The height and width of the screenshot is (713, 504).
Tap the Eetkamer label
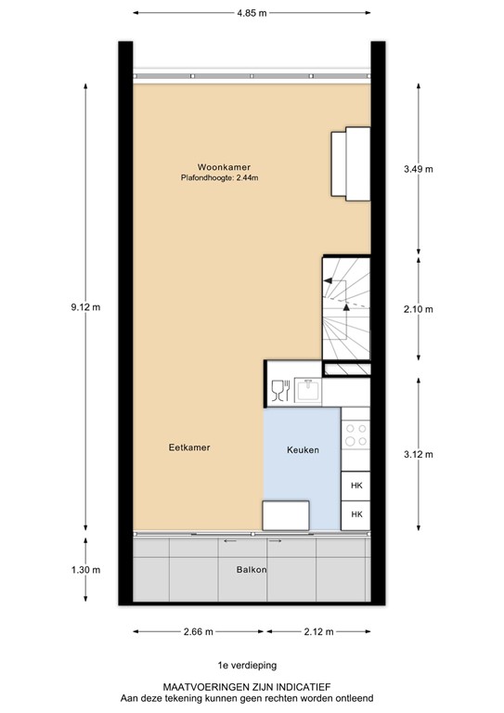click(x=189, y=447)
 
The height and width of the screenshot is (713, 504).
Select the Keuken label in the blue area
click(x=302, y=450)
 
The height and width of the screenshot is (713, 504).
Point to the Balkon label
click(x=243, y=570)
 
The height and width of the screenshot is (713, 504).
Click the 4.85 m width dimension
click(x=251, y=14)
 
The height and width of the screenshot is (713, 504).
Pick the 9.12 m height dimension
click(x=86, y=307)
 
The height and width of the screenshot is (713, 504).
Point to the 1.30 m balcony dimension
click(x=86, y=569)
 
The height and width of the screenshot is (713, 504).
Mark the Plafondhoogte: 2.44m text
click(x=219, y=177)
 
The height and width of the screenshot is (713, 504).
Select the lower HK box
click(x=355, y=513)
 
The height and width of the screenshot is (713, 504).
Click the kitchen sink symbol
click(x=308, y=391)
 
